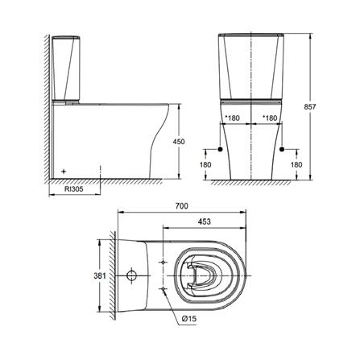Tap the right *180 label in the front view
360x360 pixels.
pos(271,118)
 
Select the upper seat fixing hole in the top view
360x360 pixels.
pos(163,263)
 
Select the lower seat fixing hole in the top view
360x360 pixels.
pos(163,288)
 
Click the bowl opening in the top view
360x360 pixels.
pos(201,275)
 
